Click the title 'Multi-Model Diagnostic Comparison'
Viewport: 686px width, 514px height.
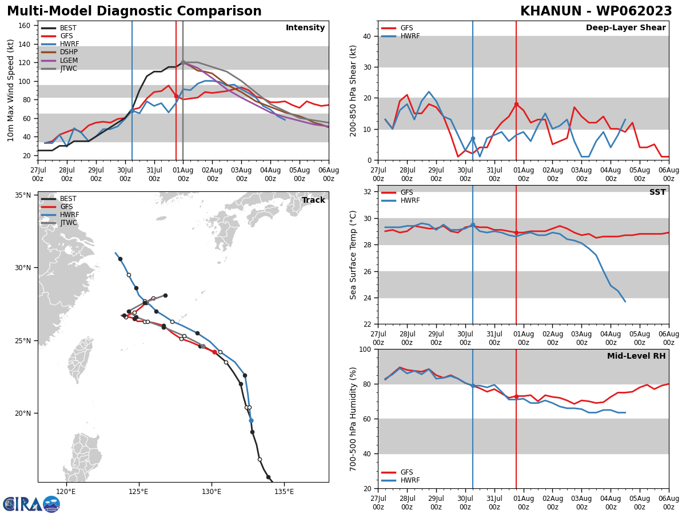coord(134,11)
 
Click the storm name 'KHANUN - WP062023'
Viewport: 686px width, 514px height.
coord(596,11)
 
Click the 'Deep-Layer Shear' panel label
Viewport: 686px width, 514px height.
coord(625,28)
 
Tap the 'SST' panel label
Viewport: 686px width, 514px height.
coord(657,192)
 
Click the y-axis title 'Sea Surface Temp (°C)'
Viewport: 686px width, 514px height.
coord(354,255)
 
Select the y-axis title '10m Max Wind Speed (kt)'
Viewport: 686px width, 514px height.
coord(11,90)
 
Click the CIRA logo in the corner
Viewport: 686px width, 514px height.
coord(31,504)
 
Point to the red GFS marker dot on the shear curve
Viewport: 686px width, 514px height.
coord(516,105)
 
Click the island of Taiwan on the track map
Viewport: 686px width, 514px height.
coord(80,360)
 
